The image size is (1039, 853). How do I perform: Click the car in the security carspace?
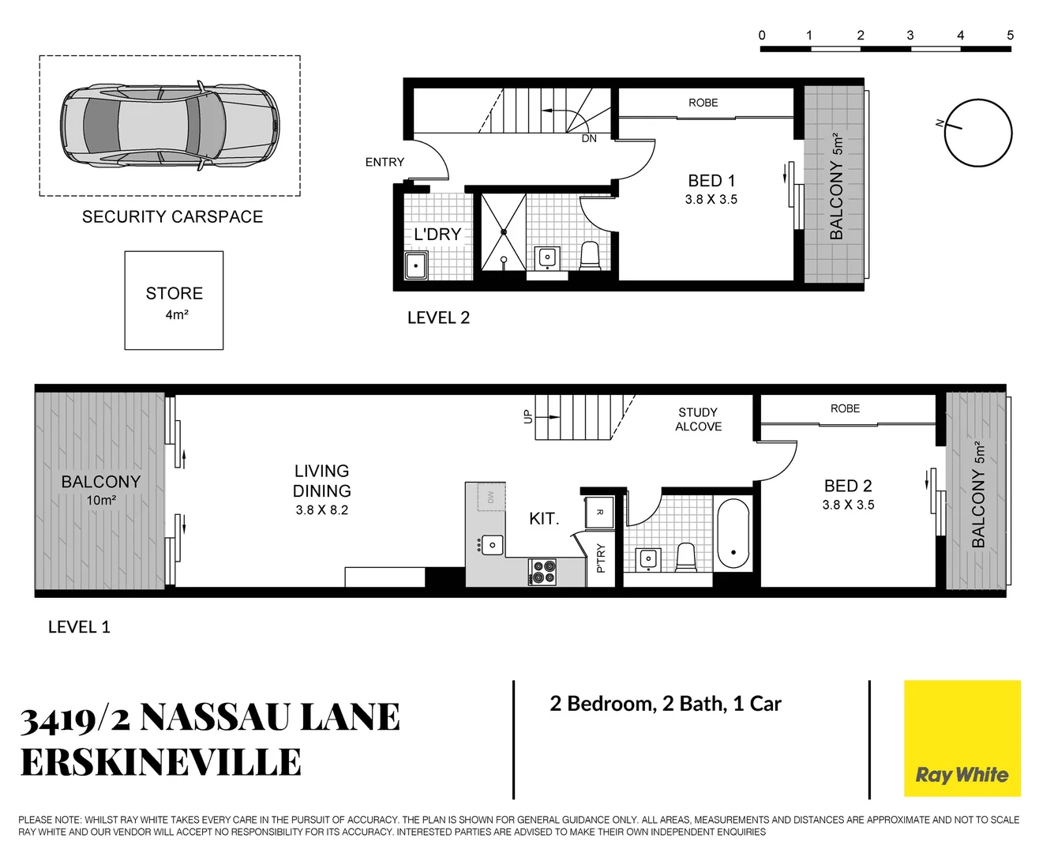[x=170, y=126]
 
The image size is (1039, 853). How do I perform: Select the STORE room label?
[x=174, y=294]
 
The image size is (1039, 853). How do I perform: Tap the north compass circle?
[x=978, y=133]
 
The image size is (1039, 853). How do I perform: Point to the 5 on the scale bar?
[x=1010, y=36]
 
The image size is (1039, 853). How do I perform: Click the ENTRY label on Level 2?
[x=384, y=162]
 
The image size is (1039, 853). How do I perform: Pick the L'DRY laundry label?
[x=437, y=235]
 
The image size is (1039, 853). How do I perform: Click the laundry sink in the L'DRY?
[x=416, y=265]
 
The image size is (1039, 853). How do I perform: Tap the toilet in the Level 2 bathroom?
[x=590, y=256]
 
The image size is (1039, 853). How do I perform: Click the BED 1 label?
[x=711, y=181]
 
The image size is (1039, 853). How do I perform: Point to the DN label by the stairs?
[x=589, y=138]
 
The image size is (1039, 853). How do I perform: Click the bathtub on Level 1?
[x=733, y=533]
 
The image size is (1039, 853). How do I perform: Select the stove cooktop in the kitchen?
[x=542, y=571]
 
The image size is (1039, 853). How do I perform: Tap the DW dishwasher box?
[x=490, y=497]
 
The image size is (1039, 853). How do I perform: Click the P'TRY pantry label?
[x=601, y=558]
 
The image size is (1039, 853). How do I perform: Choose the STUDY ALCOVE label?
[x=698, y=419]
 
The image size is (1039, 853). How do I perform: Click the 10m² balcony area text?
[x=101, y=500]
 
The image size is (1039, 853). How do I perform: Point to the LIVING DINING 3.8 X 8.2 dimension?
[x=321, y=510]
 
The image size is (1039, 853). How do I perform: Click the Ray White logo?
[x=962, y=738]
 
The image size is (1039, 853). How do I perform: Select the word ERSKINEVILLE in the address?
[x=161, y=763]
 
